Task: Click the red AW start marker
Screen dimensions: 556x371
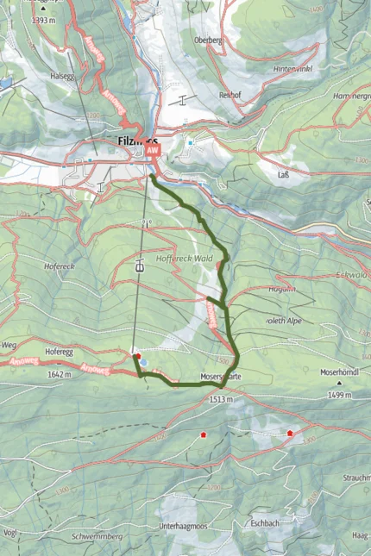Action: coord(154,150)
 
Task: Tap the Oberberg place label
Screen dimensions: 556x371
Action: coord(209,40)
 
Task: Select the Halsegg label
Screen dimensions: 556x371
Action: coord(64,75)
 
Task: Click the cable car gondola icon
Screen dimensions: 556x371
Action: coord(139,267)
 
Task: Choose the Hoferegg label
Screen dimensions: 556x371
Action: coord(58,352)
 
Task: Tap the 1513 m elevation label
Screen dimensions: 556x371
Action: coord(222,400)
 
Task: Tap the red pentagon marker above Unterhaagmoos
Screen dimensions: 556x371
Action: coord(204,434)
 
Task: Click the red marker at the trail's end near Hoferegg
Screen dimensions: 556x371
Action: coord(136,354)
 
